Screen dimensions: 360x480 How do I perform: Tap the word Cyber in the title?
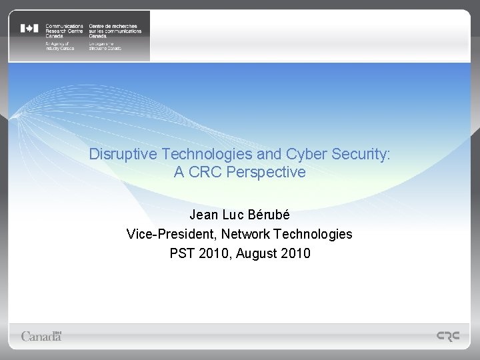(x=293, y=154)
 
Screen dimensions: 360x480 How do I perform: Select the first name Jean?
(x=204, y=215)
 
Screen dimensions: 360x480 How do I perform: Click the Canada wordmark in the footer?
(x=41, y=335)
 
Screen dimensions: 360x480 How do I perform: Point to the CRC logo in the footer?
(x=447, y=337)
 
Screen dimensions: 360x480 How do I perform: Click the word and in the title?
(x=257, y=154)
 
